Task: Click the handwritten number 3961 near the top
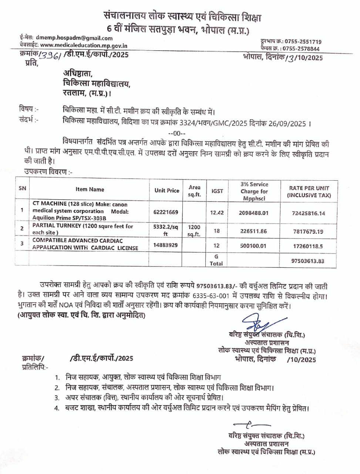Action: coord(51,55)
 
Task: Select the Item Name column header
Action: coord(90,189)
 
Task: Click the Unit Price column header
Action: coord(166,190)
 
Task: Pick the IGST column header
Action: coord(217,191)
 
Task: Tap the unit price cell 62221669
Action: coord(165,212)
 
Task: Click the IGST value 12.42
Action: coord(217,213)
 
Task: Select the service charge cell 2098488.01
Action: coord(253,213)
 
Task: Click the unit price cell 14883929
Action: coord(165,245)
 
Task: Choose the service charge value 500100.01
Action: coord(253,246)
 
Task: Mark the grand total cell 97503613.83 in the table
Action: coord(307,261)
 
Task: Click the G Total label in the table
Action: coord(216,260)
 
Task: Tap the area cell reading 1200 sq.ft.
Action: coord(194,230)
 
